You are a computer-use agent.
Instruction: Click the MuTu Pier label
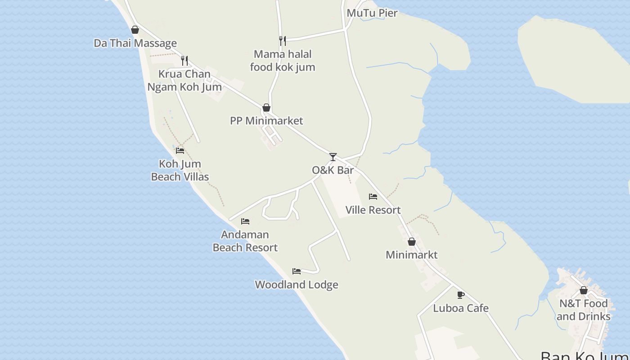point(372,13)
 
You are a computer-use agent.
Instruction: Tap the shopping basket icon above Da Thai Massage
point(135,30)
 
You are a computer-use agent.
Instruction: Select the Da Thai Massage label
point(135,43)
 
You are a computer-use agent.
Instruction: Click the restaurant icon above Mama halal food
point(282,41)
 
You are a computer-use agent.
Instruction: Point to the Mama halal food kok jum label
point(283,61)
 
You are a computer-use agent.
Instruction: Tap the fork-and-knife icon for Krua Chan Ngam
point(184,60)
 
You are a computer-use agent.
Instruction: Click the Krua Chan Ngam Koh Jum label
point(184,81)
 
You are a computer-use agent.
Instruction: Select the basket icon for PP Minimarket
point(266,108)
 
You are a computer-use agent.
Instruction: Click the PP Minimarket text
point(266,121)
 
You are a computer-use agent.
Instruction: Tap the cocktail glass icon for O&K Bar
point(333,157)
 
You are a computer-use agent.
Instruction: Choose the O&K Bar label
point(333,170)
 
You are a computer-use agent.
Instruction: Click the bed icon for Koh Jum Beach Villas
point(180,150)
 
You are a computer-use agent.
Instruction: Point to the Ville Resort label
point(373,210)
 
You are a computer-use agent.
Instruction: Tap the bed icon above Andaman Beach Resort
point(245,221)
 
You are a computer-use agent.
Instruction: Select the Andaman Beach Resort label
point(245,241)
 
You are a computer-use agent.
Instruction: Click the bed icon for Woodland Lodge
point(297,271)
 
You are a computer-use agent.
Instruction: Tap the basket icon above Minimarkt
point(411,242)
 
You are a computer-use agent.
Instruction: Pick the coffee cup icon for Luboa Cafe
point(461,295)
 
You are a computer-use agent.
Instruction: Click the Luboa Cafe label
point(461,308)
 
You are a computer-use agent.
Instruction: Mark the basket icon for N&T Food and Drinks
point(584,290)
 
